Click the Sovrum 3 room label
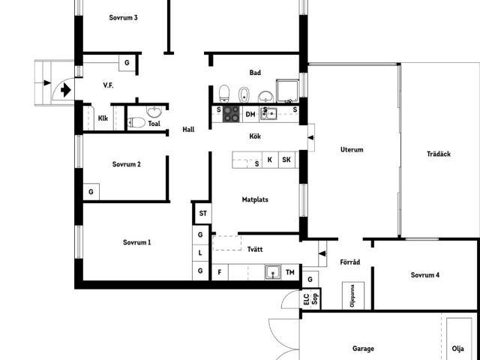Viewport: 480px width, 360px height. coord(123,17)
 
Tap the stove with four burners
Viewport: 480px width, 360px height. coord(231,114)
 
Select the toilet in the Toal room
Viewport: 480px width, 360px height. coord(136,123)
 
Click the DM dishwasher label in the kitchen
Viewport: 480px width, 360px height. coord(250,115)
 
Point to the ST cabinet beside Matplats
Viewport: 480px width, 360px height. coord(203,213)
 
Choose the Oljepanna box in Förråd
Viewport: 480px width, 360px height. coord(353,295)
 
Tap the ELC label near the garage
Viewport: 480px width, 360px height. coord(307,298)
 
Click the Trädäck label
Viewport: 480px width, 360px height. coord(439,154)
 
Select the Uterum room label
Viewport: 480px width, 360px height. coord(352,150)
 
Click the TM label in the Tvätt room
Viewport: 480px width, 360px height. coord(290,272)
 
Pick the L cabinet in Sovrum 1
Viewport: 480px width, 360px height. coord(200,253)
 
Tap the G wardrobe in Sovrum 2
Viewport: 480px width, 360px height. coord(91,192)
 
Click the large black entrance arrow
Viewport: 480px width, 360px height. coord(66,90)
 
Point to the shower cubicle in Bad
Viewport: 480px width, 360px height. coord(288,91)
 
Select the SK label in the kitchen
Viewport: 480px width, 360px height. coord(286,160)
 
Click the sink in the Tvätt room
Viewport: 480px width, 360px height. coord(273,272)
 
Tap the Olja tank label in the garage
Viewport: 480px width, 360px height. coord(458,348)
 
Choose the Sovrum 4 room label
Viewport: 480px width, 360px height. coord(425,275)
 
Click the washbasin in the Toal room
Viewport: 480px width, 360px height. coord(154,112)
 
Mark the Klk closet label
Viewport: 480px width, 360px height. coord(103,118)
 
